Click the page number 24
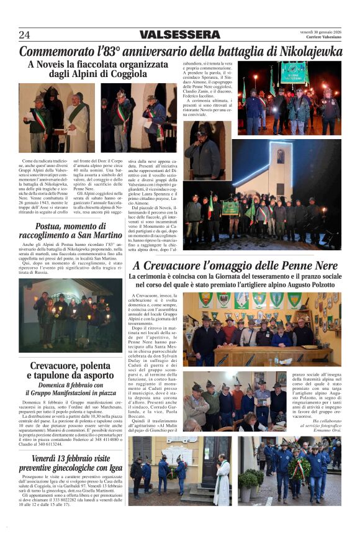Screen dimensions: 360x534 (24, 35)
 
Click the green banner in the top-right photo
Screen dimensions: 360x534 (294, 73)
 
